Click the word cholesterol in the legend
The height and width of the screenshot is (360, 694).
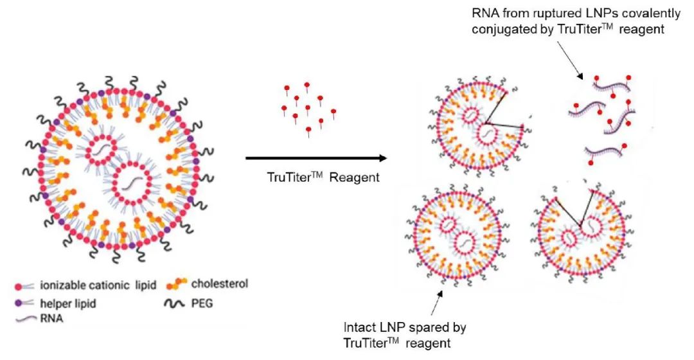pyautogui.click(x=220, y=284)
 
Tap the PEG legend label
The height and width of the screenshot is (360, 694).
pyautogui.click(x=202, y=304)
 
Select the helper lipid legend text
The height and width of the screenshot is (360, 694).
pyautogui.click(x=68, y=304)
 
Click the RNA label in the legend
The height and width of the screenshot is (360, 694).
pyautogui.click(x=51, y=318)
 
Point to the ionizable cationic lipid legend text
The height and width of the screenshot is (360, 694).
pyautogui.click(x=98, y=285)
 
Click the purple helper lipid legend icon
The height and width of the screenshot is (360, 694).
pyautogui.click(x=24, y=303)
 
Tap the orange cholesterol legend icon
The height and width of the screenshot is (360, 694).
pyautogui.click(x=176, y=284)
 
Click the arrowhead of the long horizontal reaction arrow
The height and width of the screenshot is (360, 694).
pyautogui.click(x=382, y=158)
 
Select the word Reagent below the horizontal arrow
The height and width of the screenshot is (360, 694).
pyautogui.click(x=355, y=177)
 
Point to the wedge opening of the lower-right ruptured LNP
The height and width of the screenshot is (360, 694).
pyautogui.click(x=575, y=204)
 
